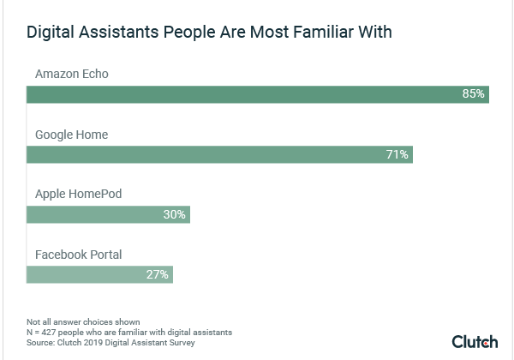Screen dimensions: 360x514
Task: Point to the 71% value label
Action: point(397,154)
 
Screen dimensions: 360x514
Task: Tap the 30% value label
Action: point(174,214)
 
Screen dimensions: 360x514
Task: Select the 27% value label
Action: point(158,274)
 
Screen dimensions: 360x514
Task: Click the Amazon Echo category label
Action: point(71,75)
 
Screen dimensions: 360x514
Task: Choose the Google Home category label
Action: point(71,135)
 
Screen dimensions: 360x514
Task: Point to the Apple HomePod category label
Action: point(78,194)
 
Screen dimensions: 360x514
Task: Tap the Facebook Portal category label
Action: point(79,254)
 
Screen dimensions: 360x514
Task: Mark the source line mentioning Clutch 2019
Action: point(111,342)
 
